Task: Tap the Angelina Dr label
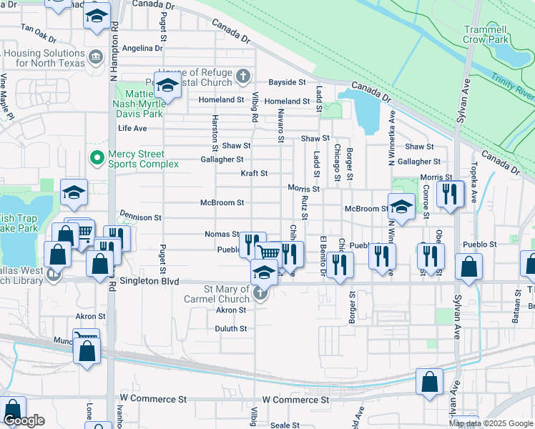(x=142, y=48)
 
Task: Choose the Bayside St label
(x=287, y=83)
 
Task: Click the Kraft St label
(x=253, y=173)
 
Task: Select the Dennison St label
(x=141, y=217)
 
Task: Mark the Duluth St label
(x=231, y=329)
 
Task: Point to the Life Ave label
(x=132, y=128)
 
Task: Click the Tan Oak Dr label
(x=39, y=31)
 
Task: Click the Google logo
(x=24, y=420)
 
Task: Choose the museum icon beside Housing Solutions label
(x=95, y=56)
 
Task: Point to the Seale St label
(x=285, y=425)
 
